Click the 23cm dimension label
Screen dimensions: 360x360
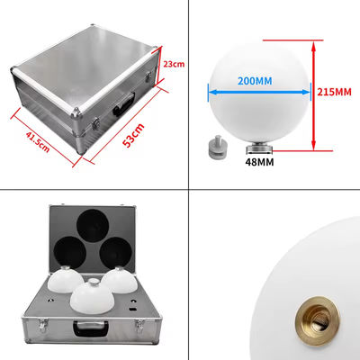tap(174, 64)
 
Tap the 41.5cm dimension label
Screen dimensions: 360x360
tap(38, 141)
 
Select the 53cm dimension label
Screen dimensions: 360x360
tap(133, 135)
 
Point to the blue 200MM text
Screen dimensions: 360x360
tap(255, 81)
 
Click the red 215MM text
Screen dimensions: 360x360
tap(334, 92)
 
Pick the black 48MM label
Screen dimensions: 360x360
tap(259, 162)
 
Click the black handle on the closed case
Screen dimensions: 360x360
tap(123, 103)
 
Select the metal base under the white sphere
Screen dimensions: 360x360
tap(259, 149)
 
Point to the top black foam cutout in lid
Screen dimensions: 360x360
tap(93, 226)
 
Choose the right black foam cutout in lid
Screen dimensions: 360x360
tap(115, 253)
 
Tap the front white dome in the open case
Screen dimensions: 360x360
tap(92, 297)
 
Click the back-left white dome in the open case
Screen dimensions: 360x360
tap(66, 279)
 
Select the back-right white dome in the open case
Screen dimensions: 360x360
tap(120, 280)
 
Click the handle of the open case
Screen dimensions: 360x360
tap(91, 328)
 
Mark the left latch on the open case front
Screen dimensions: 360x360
tap(43, 325)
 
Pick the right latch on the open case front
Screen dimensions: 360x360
tap(140, 325)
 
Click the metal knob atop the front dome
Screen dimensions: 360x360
tap(94, 282)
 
